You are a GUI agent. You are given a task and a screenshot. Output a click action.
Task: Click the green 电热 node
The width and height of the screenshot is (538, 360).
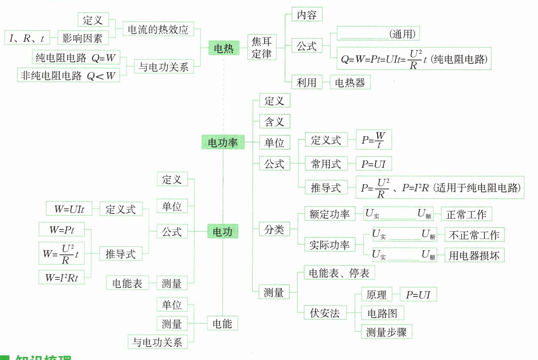point(224,48)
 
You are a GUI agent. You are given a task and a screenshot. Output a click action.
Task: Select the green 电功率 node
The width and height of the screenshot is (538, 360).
point(223,142)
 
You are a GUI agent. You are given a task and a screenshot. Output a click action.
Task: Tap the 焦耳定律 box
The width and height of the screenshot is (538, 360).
point(262,47)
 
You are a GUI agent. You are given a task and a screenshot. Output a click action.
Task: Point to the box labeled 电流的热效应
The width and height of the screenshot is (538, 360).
point(158,30)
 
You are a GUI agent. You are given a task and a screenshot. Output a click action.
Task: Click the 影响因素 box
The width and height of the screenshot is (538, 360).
point(83,38)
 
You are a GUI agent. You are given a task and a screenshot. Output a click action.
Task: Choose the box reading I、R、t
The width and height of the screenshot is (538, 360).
point(27,38)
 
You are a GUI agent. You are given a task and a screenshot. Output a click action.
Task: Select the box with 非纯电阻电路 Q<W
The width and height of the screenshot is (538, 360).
point(68,75)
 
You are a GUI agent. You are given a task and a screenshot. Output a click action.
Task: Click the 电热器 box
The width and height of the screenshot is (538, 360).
point(350,82)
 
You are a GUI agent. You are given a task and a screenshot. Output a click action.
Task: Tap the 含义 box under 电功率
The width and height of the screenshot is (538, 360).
point(274,122)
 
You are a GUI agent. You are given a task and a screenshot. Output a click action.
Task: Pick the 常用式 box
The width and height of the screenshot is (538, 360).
point(326,164)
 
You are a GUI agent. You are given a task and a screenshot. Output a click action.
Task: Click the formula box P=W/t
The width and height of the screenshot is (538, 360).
point(374,140)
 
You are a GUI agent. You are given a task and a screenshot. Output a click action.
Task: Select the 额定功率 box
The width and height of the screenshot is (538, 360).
point(329,214)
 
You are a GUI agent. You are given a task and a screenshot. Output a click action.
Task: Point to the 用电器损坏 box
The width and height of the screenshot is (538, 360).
point(474,255)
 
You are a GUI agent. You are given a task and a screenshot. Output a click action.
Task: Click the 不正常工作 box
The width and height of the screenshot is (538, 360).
point(474,235)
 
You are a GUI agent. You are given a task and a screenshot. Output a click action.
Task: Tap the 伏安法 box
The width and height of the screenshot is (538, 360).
point(325,313)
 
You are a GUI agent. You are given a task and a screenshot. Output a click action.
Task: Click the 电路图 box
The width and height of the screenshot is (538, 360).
point(382,313)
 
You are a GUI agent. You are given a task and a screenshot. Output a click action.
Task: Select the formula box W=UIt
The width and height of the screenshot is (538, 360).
point(69,209)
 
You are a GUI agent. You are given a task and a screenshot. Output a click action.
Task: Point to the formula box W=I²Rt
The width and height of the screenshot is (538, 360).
point(61,278)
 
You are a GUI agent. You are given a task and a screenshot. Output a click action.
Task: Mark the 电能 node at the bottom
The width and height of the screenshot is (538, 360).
point(222,323)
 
